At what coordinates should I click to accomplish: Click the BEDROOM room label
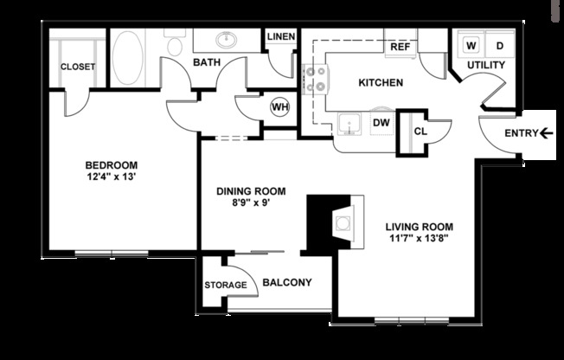tap(111, 164)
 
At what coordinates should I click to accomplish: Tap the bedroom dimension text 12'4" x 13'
tap(111, 177)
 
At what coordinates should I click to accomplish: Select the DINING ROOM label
tap(251, 191)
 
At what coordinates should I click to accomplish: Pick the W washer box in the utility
tap(472, 44)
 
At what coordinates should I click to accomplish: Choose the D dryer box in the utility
tap(500, 44)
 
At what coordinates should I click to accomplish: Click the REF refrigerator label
tap(400, 47)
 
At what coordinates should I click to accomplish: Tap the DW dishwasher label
tap(381, 123)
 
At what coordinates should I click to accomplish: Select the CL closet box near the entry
tap(420, 132)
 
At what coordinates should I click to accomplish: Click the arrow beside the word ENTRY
tap(546, 132)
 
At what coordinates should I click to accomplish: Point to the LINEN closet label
tap(280, 37)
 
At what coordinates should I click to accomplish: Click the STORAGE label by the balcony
tap(225, 285)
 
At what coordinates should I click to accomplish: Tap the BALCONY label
tap(286, 283)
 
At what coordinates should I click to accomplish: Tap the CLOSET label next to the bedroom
tap(78, 67)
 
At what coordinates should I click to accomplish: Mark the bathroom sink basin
tap(228, 40)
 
